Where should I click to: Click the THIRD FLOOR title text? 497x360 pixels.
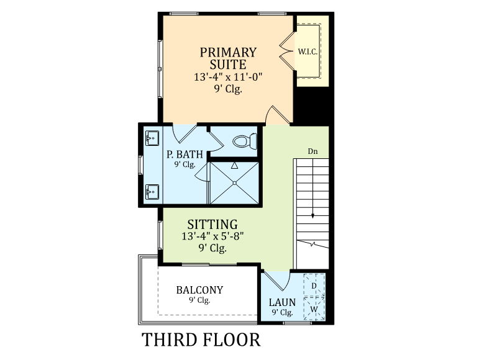coord(201,340)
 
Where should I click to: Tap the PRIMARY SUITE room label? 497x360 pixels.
coord(228,58)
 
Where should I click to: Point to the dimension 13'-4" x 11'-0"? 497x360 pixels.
coord(228,77)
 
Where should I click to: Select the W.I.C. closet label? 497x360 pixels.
coord(308,52)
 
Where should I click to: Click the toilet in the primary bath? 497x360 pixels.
coord(244,141)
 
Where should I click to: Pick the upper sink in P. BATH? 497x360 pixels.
coord(152,138)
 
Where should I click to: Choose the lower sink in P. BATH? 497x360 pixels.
coord(152,192)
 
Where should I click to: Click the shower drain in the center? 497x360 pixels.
coord(235,183)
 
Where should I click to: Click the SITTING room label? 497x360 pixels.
coord(212,224)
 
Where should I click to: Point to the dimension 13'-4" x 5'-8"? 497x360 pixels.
coord(212,236)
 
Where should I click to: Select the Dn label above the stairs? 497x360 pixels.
coord(312,151)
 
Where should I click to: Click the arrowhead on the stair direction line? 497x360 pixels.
coord(313,216)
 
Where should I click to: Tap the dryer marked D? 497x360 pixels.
coord(314,286)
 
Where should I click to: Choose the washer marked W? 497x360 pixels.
coord(314,308)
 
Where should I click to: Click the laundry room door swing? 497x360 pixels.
coord(276,281)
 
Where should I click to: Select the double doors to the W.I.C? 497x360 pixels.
coord(287,51)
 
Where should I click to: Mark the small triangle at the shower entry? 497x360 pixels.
coord(234,166)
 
